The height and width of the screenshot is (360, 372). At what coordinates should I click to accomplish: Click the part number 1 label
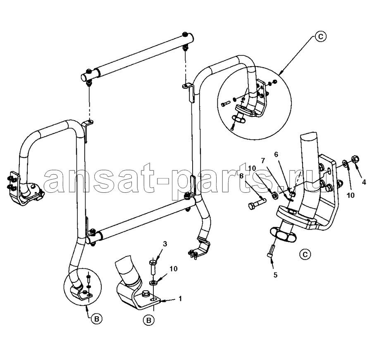[180, 298]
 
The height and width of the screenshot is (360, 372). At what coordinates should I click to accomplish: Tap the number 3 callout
[165, 244]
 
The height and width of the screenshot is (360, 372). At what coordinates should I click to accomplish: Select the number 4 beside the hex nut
[364, 182]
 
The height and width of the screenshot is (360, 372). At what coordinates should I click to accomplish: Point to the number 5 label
[275, 275]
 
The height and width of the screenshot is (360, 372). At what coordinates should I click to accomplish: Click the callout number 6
[276, 154]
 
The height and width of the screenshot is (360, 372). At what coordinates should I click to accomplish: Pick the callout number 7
[263, 161]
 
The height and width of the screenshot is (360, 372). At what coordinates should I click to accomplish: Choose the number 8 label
[241, 176]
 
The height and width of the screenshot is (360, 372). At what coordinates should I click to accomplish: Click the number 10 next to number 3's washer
[174, 269]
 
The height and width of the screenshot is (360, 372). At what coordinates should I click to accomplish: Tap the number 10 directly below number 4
[351, 195]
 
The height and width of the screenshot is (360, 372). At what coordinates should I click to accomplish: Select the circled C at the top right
[320, 37]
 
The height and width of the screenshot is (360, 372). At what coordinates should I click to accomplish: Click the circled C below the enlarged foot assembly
[305, 254]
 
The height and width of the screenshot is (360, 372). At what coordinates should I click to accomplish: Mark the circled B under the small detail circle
[97, 319]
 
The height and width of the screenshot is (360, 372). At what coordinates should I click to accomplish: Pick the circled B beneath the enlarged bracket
[149, 320]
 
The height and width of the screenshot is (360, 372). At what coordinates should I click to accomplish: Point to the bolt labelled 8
[257, 204]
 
